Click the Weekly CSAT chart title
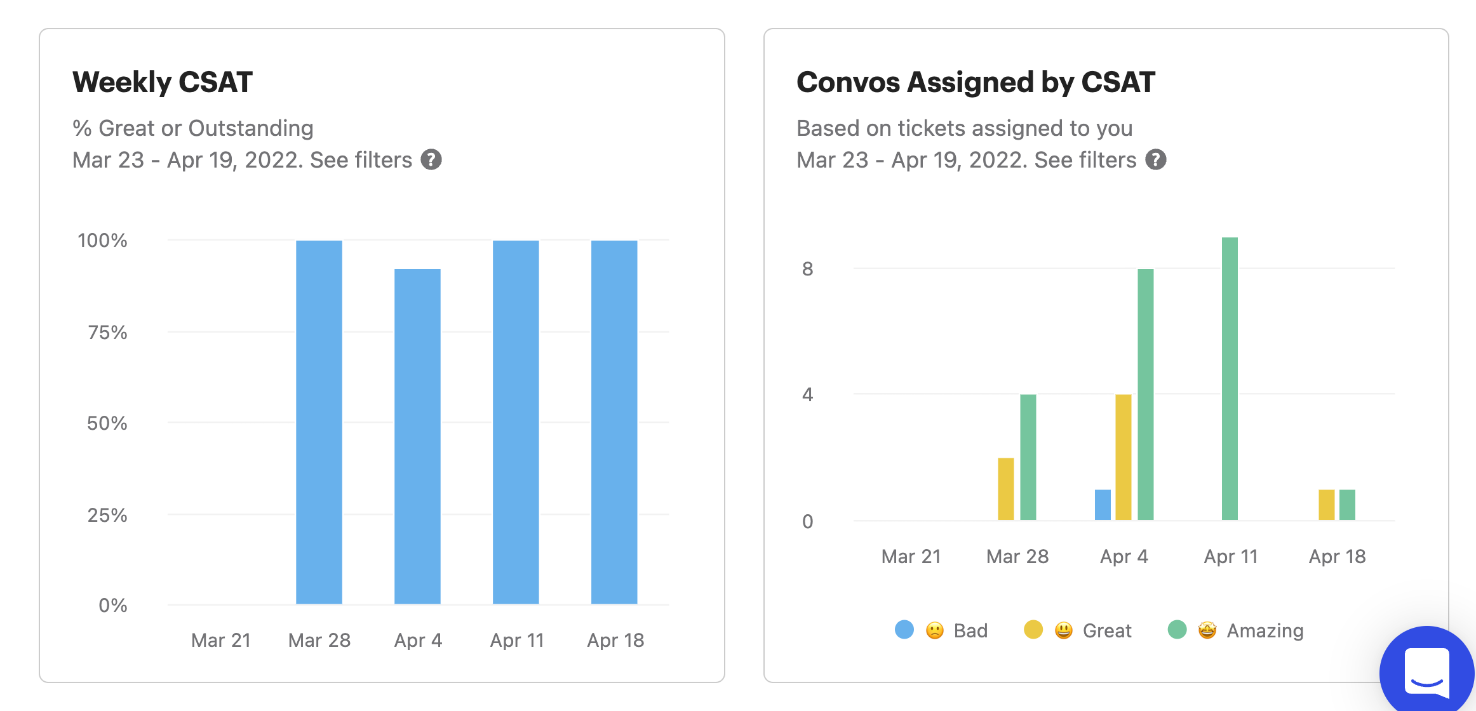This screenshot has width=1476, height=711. point(163,83)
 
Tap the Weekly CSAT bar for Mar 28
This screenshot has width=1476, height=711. point(319,422)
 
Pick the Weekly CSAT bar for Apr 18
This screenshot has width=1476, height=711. point(614,422)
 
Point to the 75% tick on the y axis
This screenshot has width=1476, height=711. point(107,332)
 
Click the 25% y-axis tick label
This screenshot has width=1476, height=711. point(107,515)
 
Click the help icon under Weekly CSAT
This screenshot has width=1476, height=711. point(431,160)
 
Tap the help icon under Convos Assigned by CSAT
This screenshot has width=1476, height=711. point(1156,160)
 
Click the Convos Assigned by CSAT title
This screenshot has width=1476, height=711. point(976,83)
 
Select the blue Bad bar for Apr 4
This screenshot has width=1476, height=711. point(1103,505)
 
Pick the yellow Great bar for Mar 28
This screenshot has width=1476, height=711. point(1006,489)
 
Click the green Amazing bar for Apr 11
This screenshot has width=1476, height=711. point(1230,378)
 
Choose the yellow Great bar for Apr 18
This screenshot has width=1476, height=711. point(1326,505)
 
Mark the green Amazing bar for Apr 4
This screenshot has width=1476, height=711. point(1146,394)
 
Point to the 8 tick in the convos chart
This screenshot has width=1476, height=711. point(807,269)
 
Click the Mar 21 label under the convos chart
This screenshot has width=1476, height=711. point(911,557)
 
